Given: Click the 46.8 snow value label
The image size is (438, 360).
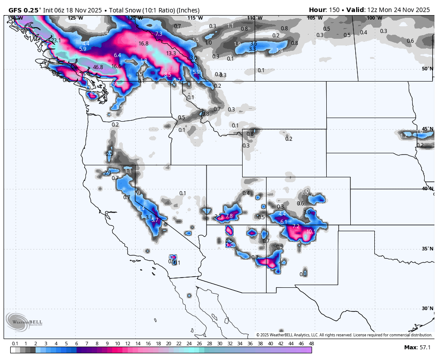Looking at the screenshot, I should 98,67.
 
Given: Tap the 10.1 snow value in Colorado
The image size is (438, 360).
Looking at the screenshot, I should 311,231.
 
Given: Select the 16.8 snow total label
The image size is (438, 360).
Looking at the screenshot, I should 143,43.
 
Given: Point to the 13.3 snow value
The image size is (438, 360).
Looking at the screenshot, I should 171,53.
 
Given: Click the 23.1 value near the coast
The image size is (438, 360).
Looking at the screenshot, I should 56,41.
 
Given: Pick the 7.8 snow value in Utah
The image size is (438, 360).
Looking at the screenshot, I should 229,216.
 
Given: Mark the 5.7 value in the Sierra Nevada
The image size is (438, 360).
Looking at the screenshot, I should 155,220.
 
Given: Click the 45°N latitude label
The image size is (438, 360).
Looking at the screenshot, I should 428,129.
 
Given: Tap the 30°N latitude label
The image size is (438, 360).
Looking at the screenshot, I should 428,308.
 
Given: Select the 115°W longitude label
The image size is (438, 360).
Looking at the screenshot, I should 195,18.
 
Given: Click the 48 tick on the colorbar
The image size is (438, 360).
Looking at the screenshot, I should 311,344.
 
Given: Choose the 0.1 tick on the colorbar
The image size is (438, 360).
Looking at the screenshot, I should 15,344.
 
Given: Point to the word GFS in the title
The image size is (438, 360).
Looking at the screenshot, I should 15,10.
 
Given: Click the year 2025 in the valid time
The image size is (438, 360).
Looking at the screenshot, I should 421,10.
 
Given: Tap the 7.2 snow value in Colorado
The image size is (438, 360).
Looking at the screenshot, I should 296,226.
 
